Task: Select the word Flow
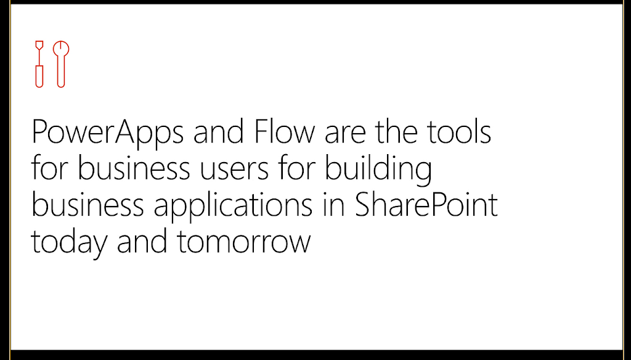tap(284, 131)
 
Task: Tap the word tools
tap(459, 131)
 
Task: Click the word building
tap(378, 171)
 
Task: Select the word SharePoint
tap(426, 204)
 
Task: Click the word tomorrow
tap(244, 241)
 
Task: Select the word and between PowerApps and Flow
tap(219, 131)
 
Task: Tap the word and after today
tap(142, 240)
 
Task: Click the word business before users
tap(134, 168)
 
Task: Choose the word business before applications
tap(88, 204)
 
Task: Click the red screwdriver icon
tap(39, 64)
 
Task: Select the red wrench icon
tap(61, 64)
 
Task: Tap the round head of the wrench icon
tap(61, 49)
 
